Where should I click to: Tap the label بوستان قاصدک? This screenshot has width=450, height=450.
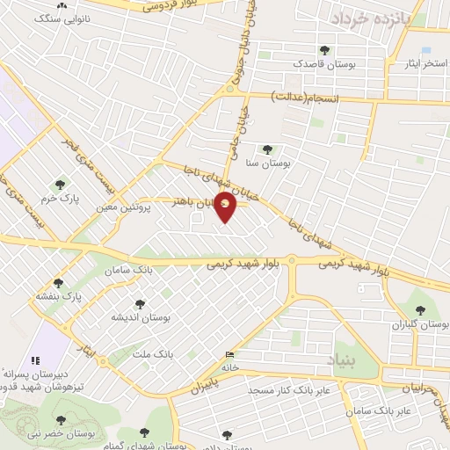coord(325,64)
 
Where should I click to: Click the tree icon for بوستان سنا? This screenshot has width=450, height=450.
coord(267,149)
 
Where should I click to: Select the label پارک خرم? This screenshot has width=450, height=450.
coord(63,199)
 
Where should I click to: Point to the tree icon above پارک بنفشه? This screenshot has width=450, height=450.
coord(59,283)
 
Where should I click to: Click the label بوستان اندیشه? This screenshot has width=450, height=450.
coord(139,316)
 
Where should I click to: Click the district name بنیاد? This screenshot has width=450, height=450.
coord(343,359)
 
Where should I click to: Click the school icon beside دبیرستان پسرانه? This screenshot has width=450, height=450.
coord(35,359)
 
